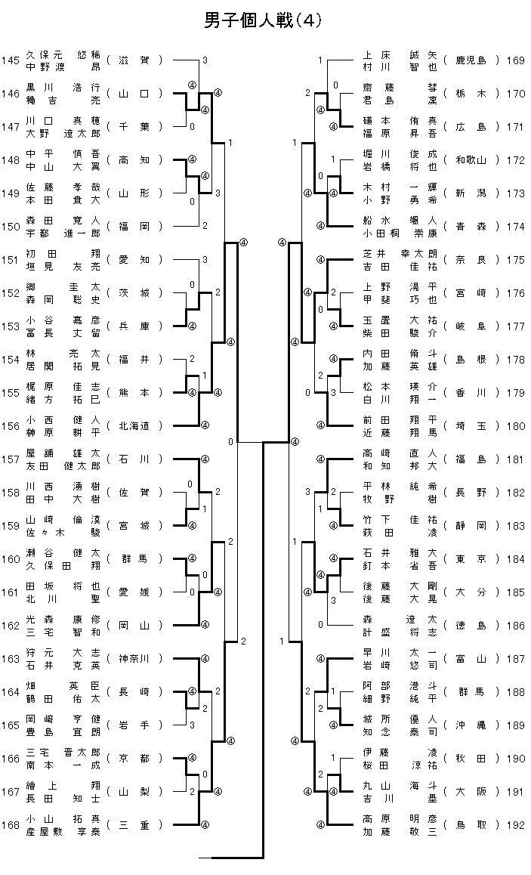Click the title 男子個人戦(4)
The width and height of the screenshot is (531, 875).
[264, 21]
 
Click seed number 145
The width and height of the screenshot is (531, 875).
[11, 60]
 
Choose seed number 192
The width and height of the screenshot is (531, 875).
[516, 825]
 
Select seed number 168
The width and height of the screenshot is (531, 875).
[11, 825]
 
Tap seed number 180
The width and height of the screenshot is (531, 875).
[516, 426]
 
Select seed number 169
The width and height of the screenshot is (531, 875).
[516, 60]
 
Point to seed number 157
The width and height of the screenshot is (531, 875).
[11, 459]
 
